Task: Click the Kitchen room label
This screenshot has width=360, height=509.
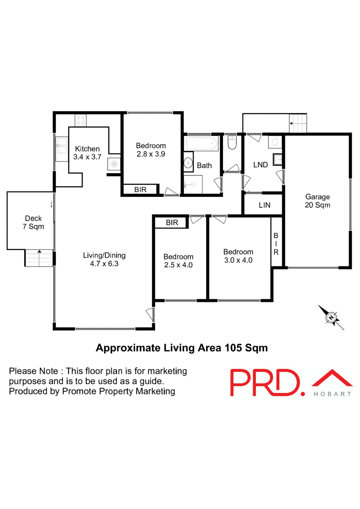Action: [x=87, y=153]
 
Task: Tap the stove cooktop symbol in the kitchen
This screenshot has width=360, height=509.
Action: [x=81, y=120]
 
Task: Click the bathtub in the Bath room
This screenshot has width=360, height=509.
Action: [x=201, y=144]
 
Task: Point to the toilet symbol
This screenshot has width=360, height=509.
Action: [x=232, y=142]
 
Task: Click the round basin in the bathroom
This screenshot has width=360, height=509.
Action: [x=188, y=163]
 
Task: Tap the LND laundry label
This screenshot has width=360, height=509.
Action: [x=260, y=165]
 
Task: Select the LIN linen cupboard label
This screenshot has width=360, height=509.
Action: [x=264, y=205]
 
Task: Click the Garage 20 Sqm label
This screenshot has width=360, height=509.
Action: [x=317, y=201]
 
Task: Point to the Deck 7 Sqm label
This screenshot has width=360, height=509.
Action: [x=33, y=222]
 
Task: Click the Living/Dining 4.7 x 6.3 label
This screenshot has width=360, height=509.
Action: [x=104, y=259]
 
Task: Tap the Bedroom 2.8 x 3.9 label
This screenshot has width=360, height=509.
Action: [x=151, y=150]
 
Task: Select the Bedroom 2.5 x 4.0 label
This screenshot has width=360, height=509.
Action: [x=178, y=261]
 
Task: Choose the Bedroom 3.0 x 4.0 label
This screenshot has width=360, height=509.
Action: [x=238, y=256]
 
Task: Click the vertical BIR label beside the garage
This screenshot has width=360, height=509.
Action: [x=276, y=244]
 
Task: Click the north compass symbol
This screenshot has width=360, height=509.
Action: [x=331, y=317]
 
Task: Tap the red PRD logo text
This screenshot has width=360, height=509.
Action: [x=265, y=383]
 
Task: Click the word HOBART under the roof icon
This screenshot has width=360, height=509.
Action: [x=332, y=394]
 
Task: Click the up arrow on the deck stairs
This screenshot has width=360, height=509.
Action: [x=39, y=251]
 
